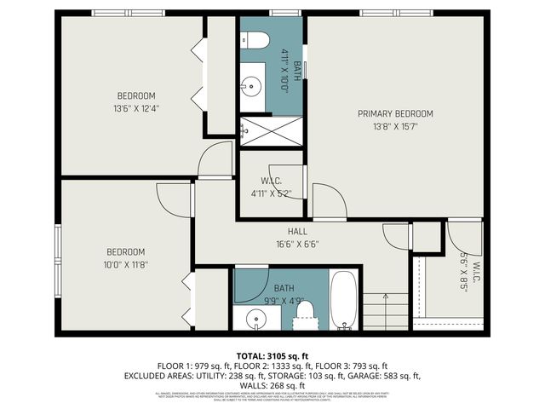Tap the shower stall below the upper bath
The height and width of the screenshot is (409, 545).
(271, 130)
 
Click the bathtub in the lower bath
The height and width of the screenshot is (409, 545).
(344, 300)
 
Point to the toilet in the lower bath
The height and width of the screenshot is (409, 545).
(303, 314)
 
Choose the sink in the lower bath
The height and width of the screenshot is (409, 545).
(255, 320)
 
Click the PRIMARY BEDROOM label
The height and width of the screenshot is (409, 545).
(395, 113)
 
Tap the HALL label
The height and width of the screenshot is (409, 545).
(296, 231)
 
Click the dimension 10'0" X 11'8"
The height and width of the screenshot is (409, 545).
(125, 264)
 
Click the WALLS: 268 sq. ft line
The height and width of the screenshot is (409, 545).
(272, 385)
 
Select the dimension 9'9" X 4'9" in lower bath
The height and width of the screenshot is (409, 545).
(284, 299)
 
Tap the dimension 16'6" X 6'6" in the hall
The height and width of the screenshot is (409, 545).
(296, 242)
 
